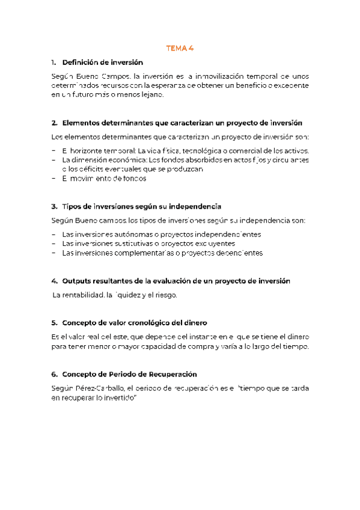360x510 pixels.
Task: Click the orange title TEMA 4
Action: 180,49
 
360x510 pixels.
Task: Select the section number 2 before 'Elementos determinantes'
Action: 54,123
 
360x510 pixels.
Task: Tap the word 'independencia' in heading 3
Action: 196,206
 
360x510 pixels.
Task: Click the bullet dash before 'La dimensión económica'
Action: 53,160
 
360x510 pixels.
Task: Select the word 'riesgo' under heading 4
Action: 165,295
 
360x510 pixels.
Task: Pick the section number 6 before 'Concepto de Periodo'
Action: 54,374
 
